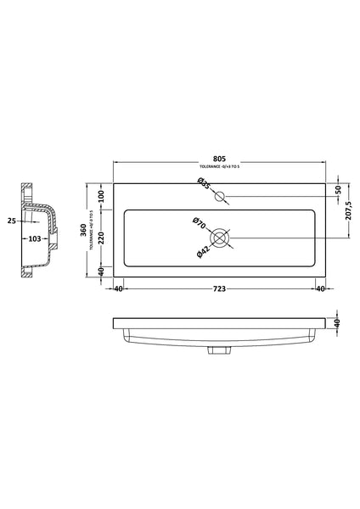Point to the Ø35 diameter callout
204,185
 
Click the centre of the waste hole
222,238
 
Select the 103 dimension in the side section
37,239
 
